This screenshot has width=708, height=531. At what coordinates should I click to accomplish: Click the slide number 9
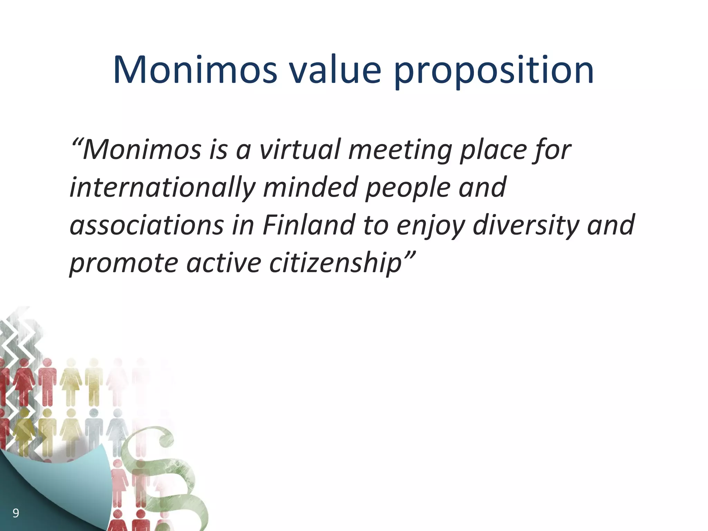coord(16,513)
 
